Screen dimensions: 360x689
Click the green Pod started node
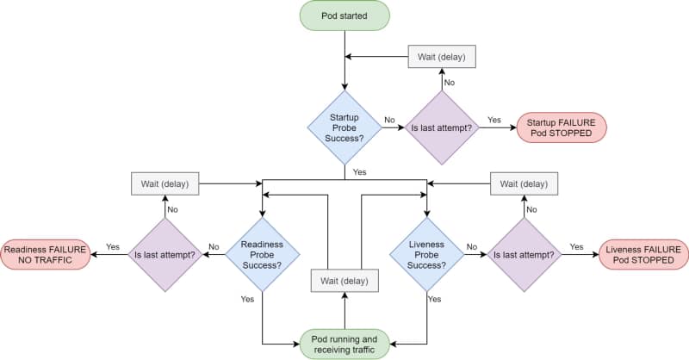(344, 16)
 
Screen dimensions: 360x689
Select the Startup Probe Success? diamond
(344, 127)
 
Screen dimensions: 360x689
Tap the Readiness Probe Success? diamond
(262, 254)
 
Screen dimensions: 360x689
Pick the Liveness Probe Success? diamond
(427, 254)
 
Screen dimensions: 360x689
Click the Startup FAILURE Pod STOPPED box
(562, 127)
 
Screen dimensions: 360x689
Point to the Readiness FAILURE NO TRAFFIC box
(45, 254)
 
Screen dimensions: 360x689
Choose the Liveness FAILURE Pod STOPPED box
(643, 254)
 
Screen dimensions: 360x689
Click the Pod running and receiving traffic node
(344, 344)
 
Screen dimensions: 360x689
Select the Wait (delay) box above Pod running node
(344, 280)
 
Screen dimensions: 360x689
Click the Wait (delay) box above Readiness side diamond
(164, 183)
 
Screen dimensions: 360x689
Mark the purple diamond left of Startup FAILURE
(442, 127)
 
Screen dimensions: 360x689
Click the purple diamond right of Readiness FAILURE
(164, 254)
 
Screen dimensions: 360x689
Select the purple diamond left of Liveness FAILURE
(525, 254)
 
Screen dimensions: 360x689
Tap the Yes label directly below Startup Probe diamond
(359, 172)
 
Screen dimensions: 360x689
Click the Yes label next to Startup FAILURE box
(494, 120)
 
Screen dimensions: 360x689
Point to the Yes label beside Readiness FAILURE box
(112, 246)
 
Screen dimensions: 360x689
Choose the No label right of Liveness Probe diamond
(472, 246)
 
